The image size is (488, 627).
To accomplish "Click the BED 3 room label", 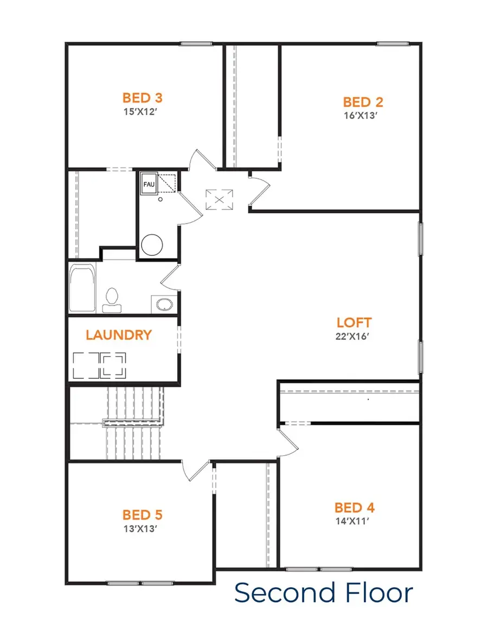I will pyautogui.click(x=143, y=98).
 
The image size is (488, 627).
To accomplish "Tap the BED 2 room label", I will pyautogui.click(x=363, y=102).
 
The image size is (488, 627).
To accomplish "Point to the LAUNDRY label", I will pyautogui.click(x=119, y=335).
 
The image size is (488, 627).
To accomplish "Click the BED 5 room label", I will pyautogui.click(x=143, y=514).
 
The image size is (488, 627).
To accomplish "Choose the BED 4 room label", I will pyautogui.click(x=355, y=508).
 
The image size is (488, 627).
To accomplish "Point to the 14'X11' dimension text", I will pyautogui.click(x=355, y=521).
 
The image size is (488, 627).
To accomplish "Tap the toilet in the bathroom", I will pyautogui.click(x=112, y=300).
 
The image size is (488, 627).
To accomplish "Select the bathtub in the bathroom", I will pyautogui.click(x=82, y=289).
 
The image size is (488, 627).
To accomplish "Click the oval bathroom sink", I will pyautogui.click(x=163, y=304).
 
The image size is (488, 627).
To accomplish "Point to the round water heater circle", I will pyautogui.click(x=152, y=244).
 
